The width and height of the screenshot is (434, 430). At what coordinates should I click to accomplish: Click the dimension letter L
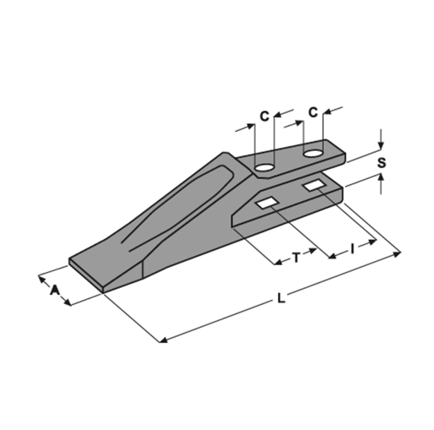pos(282,298)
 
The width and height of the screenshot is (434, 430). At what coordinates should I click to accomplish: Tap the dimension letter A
pos(55,289)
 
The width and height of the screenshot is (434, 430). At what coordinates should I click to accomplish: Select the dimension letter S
pos(381,163)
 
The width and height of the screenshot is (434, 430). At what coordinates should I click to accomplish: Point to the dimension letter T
pos(296,258)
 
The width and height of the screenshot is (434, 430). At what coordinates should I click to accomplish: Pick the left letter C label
pos(264,116)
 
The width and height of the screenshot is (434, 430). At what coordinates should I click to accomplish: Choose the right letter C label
pos(313,113)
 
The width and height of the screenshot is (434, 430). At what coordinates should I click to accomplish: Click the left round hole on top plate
pos(264,167)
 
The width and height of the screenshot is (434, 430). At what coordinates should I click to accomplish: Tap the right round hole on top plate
pos(313,153)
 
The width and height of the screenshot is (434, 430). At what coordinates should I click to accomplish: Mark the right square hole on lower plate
pos(314,185)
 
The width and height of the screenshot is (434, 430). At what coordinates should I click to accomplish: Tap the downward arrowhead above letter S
pos(381,146)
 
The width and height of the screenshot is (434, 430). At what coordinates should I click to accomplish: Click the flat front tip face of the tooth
pos(86,274)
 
